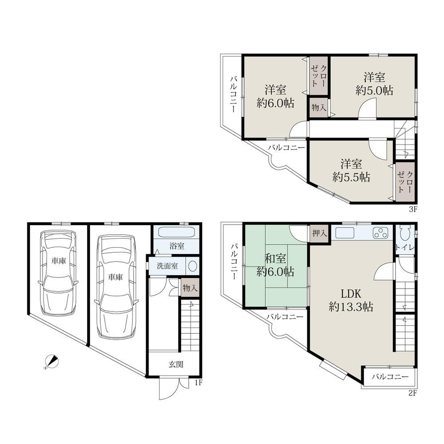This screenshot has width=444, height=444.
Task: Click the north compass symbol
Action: (52, 361)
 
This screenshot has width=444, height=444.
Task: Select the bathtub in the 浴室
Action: (177, 233)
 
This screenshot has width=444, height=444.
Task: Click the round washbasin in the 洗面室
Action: (193, 266)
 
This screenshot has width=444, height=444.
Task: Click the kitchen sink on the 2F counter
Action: (345, 233)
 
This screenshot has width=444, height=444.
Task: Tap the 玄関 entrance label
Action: (176, 365)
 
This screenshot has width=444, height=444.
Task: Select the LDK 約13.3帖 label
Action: (351, 300)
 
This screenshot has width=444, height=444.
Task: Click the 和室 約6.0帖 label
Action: (275, 266)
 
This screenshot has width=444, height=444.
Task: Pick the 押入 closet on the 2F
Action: (319, 234)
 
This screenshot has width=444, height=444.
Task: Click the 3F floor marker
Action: (413, 209)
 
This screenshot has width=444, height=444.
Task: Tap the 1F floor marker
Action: (198, 383)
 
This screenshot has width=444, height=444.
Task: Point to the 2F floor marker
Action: (413, 393)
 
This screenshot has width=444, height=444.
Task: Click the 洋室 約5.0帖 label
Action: (374, 84)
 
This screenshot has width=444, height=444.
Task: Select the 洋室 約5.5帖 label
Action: (351, 171)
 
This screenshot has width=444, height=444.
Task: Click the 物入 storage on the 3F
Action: (319, 107)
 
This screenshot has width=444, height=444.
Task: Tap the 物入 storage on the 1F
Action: (190, 288)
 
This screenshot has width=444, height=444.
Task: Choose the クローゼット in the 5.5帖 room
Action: (405, 182)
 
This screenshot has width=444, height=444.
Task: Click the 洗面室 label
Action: (167, 266)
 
